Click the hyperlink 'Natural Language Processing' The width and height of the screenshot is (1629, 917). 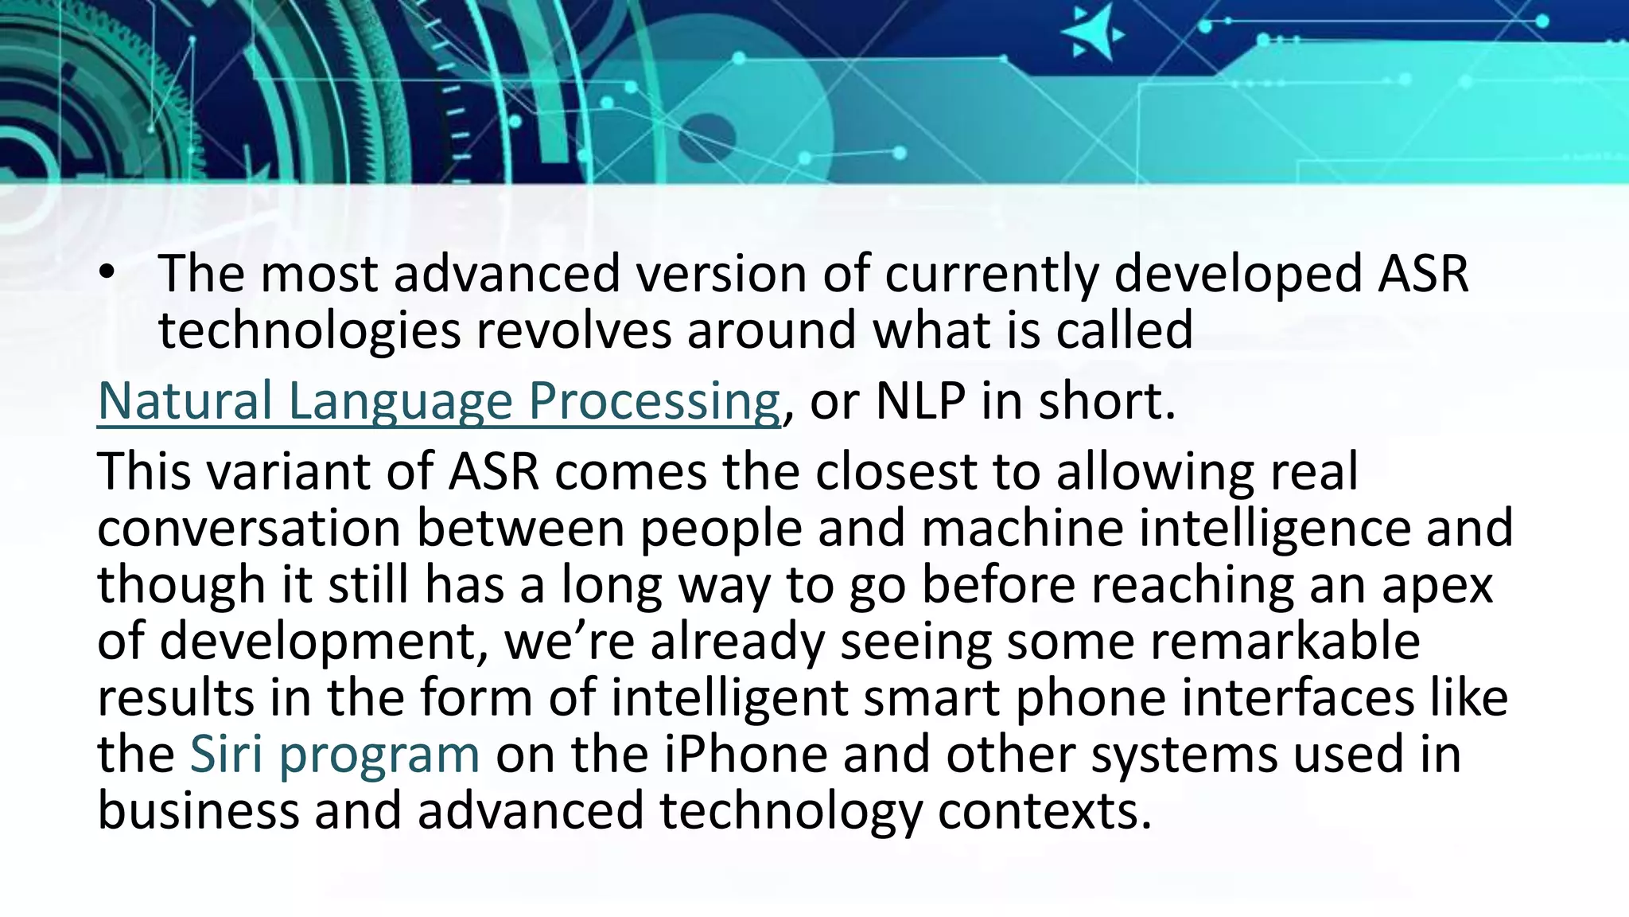click(438, 401)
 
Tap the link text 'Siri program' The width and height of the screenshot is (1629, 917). click(335, 754)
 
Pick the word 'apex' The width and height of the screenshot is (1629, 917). click(1438, 585)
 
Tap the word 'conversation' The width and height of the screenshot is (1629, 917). click(248, 529)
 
